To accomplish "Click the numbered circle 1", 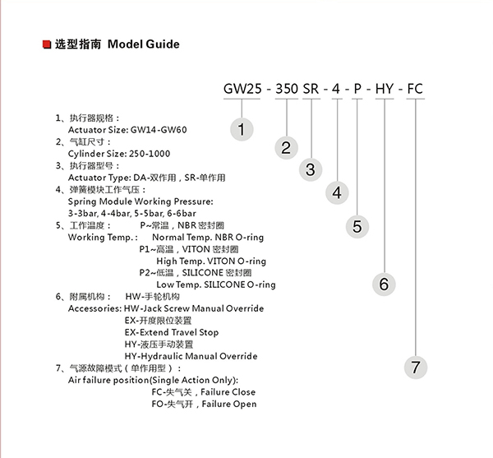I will [241, 129].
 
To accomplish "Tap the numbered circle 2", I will [285, 148].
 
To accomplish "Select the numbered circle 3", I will [311, 170].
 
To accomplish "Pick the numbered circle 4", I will [337, 193].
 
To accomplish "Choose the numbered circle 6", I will [384, 284].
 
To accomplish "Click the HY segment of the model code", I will [385, 89].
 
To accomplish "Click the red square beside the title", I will [46, 44].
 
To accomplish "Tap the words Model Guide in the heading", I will [143, 44].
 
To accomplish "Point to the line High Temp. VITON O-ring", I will [211, 261].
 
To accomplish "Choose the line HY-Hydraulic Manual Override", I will [191, 357].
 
